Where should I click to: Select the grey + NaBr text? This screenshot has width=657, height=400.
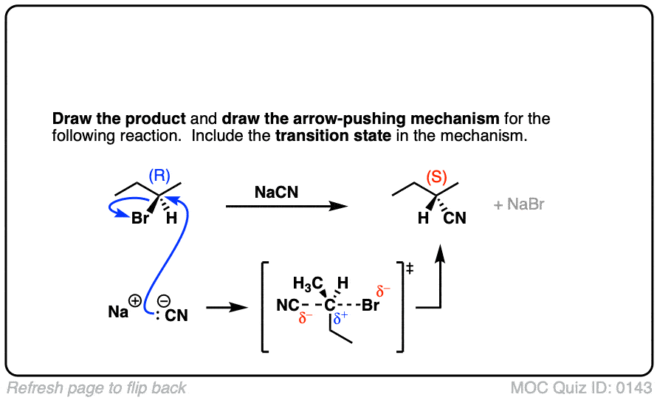point(520,204)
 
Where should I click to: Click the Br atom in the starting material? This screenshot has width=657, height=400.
point(140,218)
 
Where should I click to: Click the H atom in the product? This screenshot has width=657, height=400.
point(424,218)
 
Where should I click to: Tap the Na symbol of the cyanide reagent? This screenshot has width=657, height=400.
point(117,311)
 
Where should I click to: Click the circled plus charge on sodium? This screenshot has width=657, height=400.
point(136,301)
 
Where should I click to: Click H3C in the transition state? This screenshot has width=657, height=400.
point(308,283)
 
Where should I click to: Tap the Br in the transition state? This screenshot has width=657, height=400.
point(370,306)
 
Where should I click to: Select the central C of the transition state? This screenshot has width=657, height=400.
point(330,306)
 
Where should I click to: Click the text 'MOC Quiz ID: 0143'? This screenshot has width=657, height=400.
point(581,387)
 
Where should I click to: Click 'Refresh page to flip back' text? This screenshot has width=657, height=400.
point(97,387)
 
